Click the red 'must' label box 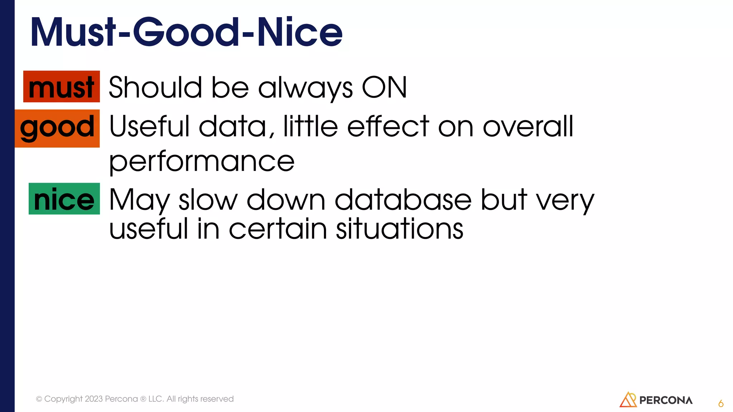click(x=62, y=87)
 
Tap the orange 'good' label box click(x=57, y=128)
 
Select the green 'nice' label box click(x=64, y=199)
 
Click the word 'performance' click(x=202, y=162)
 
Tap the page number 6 click(x=721, y=404)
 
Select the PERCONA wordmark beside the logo click(x=666, y=400)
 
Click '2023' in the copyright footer click(x=94, y=399)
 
